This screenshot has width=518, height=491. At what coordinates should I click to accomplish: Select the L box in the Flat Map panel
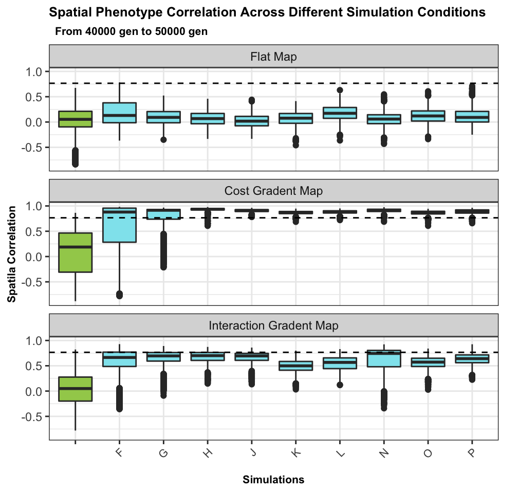[340, 113]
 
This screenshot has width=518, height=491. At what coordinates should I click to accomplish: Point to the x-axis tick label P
[472, 452]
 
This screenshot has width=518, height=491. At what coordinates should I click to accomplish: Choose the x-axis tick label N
[384, 452]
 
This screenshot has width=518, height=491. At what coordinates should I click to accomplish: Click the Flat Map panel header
[273, 57]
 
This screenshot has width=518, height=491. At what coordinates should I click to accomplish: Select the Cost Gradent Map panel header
[273, 191]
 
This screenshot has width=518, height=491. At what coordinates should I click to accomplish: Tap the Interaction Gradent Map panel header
[273, 325]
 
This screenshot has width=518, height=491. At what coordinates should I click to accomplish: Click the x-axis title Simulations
[273, 480]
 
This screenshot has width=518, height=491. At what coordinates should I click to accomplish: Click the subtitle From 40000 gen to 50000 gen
[131, 31]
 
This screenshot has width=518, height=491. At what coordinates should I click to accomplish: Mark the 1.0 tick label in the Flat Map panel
[35, 72]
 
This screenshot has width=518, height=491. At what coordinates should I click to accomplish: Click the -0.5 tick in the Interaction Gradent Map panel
[35, 417]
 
